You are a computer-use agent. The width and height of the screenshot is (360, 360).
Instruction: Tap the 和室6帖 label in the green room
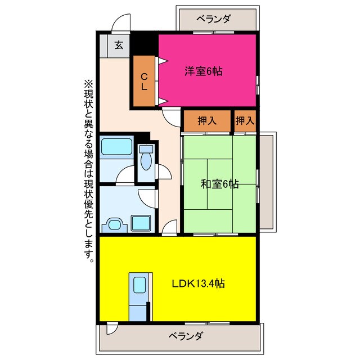click(219, 183)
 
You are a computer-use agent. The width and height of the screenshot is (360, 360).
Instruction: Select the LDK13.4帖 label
click(199, 283)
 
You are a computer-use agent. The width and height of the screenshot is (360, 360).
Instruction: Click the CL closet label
click(145, 81)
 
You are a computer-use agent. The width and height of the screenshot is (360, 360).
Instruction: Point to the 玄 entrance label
click(119, 46)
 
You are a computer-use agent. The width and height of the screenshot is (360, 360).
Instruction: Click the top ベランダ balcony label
click(214, 19)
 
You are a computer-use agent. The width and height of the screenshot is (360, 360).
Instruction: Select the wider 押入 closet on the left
click(207, 120)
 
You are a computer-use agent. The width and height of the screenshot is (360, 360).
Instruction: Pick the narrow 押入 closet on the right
click(245, 120)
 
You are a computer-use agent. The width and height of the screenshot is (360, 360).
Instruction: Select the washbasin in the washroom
click(115, 224)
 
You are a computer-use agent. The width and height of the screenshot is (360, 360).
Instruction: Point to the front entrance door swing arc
click(120, 25)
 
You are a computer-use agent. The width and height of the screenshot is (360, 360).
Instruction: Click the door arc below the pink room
click(168, 114)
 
